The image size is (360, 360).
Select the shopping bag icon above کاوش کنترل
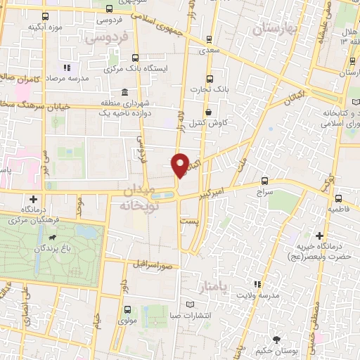[x=208, y=112]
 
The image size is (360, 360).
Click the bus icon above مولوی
[x=127, y=309]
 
